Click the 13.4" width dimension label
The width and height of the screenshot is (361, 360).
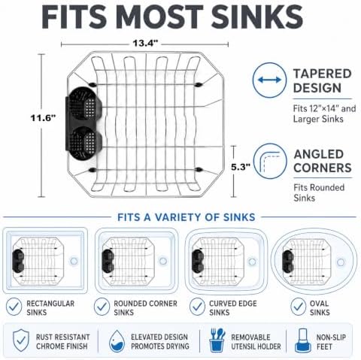pos(145,43)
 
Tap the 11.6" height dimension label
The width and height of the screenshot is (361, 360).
pos(43,117)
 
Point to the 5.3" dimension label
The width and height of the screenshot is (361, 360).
pos(241,167)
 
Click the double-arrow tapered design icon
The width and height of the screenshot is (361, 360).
pos(269,80)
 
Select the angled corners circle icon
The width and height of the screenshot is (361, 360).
pos(269,161)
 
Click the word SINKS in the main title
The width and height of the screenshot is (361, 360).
pos(257,17)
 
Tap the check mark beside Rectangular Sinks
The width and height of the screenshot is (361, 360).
pos(14,307)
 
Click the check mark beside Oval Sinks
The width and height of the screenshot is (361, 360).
pos(298,307)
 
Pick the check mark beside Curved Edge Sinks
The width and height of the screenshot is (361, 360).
pos(197,307)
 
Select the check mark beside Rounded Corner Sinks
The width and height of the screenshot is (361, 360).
pos(102,307)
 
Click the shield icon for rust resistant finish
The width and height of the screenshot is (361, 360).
pos(21,340)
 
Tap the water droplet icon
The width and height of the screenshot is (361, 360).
pos(117,341)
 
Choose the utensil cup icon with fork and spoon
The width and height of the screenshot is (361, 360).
pos(217,340)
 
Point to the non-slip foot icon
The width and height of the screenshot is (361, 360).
pos(302,340)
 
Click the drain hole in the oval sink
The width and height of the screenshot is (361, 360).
pos(341,262)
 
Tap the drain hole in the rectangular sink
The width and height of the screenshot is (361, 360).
pos(74,261)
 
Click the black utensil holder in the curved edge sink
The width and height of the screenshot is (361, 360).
pos(197,261)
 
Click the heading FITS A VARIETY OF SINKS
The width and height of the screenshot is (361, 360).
pos(187,217)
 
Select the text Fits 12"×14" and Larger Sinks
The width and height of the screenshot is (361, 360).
pos(324,113)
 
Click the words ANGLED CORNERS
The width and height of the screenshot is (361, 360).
pos(323,161)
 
